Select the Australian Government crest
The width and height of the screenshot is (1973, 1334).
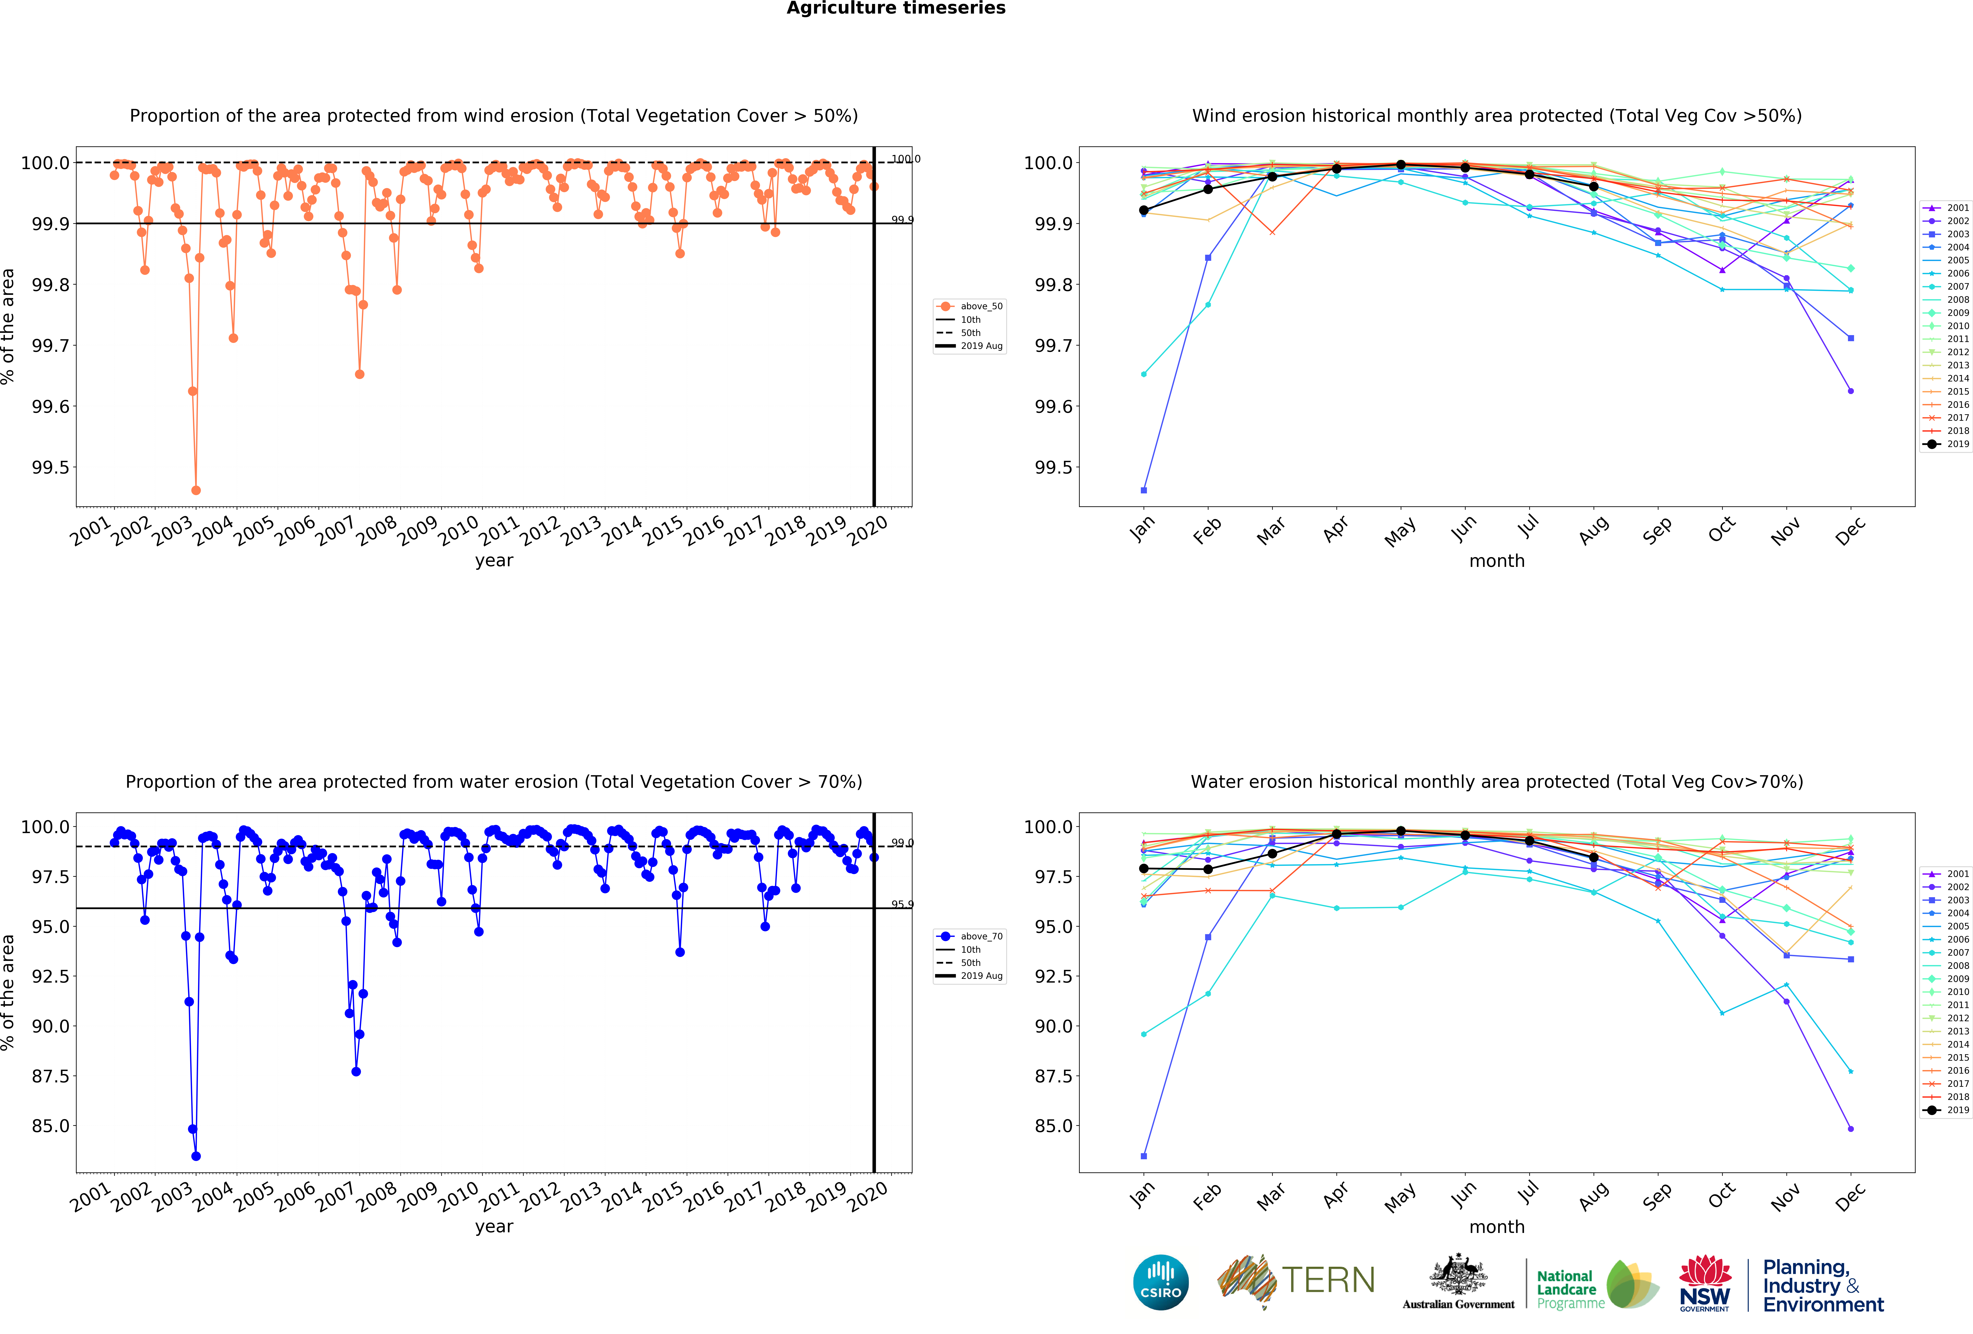coord(1458,1274)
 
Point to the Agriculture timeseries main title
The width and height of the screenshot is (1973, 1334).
coord(896,9)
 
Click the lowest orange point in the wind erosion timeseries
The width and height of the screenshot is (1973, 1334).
coord(196,490)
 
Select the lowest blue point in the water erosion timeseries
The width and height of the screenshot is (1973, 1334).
coord(196,1156)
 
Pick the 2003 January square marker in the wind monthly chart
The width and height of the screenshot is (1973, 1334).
coord(1144,490)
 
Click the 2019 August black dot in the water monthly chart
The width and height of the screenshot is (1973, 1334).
coord(1594,857)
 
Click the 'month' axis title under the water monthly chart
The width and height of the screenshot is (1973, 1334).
coord(1497,1227)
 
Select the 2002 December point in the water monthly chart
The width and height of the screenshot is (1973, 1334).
coord(1851,1129)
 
